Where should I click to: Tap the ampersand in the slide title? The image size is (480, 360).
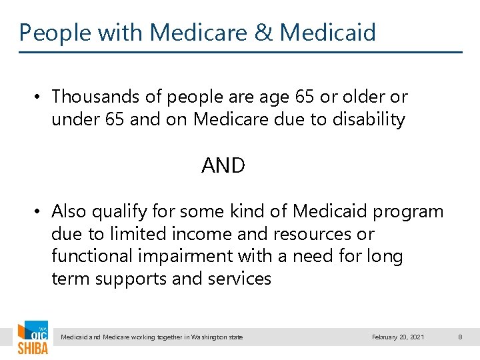(x=265, y=32)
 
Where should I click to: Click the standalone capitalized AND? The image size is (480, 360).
(x=223, y=165)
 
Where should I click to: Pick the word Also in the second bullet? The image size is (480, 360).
(x=69, y=211)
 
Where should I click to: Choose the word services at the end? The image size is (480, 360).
(x=239, y=279)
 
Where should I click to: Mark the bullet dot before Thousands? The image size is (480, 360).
(x=39, y=97)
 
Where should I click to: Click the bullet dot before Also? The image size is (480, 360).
(x=39, y=212)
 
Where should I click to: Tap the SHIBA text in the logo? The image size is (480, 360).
(x=32, y=348)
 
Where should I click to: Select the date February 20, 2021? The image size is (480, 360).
(x=398, y=337)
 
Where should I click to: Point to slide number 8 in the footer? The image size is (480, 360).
(x=460, y=337)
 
